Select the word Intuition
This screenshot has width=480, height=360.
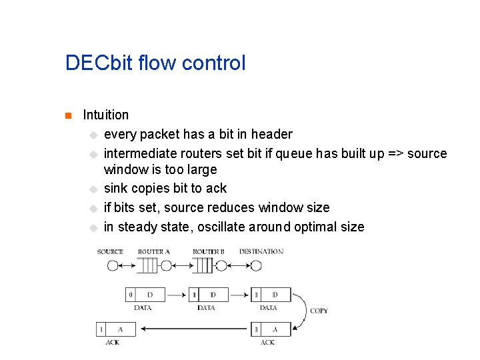[105, 115]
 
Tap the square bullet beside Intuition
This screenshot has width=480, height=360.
[67, 115]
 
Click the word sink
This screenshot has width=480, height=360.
[116, 188]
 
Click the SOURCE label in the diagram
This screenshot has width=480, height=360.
[110, 252]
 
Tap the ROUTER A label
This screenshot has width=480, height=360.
[153, 252]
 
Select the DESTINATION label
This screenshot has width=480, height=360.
[261, 252]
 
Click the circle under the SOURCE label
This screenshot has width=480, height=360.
[112, 265]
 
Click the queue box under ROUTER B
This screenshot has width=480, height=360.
[202, 265]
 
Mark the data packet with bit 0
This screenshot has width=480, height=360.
[145, 295]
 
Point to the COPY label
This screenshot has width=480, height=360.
[319, 311]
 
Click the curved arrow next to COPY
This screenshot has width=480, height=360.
[301, 310]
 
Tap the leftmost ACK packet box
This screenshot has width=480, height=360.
[116, 329]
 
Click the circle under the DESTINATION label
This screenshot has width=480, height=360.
[255, 265]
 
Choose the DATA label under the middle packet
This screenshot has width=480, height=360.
[206, 308]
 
